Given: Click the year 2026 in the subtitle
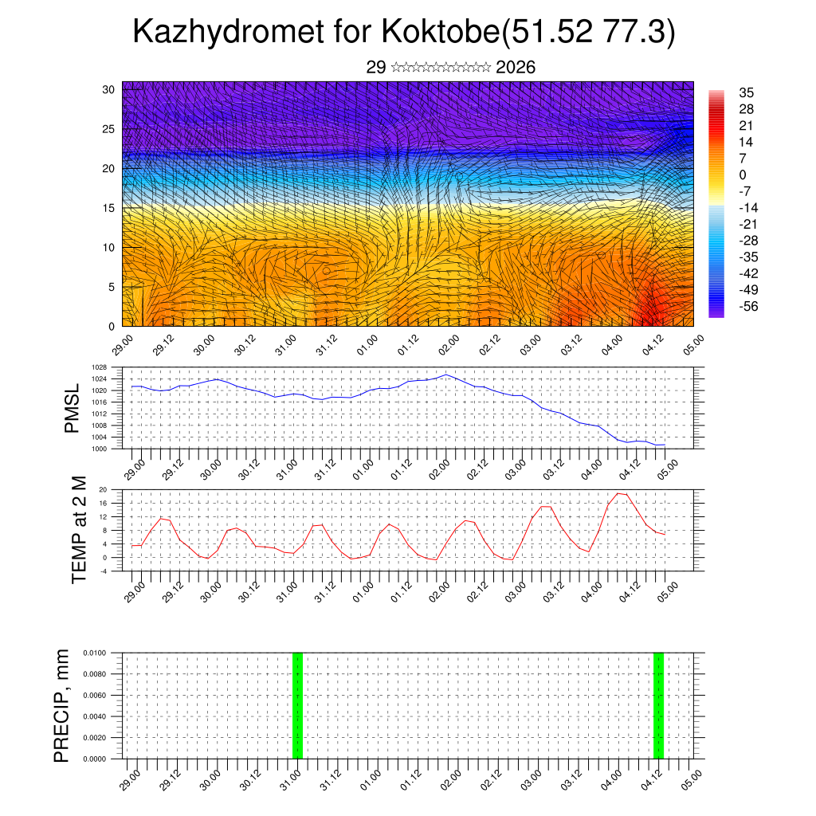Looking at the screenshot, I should [515, 68].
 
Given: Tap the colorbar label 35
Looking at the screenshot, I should [747, 92].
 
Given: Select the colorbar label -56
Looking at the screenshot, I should [748, 305].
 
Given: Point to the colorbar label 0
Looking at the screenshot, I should [743, 175].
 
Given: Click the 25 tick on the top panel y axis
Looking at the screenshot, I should [109, 129].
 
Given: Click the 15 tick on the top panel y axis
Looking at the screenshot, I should [109, 208].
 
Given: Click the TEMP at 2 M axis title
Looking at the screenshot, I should [79, 529].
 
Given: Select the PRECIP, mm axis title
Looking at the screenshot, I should [61, 705].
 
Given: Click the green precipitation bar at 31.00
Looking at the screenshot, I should [297, 705].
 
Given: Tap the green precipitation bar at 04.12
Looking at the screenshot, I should [658, 705].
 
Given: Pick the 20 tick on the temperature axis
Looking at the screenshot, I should [104, 489].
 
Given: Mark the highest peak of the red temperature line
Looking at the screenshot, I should [622, 493].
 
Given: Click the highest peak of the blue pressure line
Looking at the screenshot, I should [446, 375].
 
